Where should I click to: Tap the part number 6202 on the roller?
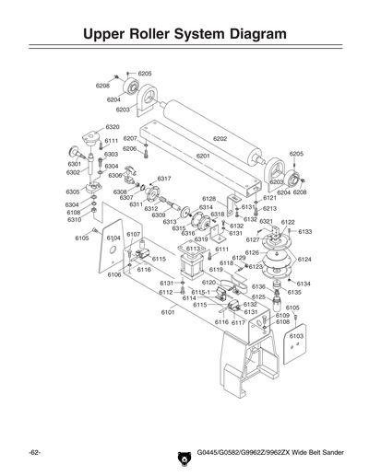click(220, 138)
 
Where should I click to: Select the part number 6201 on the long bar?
click(203, 157)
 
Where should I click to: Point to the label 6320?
click(112, 127)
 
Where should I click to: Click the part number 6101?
click(168, 312)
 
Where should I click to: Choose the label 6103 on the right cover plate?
click(296, 336)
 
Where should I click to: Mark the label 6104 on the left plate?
click(113, 238)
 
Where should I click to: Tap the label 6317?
click(164, 178)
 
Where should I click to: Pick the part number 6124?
click(304, 260)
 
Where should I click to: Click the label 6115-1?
click(200, 292)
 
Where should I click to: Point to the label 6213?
click(269, 209)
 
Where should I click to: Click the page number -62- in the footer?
click(34, 455)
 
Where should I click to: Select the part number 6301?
click(75, 164)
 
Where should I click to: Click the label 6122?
click(288, 222)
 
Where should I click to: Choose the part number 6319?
click(200, 239)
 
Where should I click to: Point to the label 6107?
click(133, 235)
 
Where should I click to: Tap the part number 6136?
click(258, 287)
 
